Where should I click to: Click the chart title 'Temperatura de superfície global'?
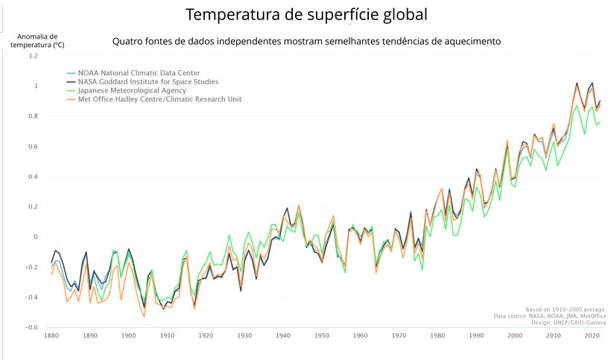(x=306, y=15)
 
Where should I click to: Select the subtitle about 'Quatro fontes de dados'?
(x=306, y=41)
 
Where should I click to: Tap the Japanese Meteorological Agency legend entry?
(x=133, y=90)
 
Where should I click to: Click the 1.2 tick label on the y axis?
(x=32, y=56)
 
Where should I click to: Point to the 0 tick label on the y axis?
(x=34, y=237)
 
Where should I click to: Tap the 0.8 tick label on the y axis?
(x=32, y=116)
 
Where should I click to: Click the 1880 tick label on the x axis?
(x=51, y=336)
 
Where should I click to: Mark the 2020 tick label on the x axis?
(x=592, y=336)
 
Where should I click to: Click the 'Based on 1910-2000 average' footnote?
(x=565, y=309)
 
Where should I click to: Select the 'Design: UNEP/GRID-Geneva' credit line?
(x=568, y=323)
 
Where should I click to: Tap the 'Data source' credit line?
(x=560, y=316)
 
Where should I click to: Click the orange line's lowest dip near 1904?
(x=144, y=317)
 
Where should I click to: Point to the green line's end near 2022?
(x=601, y=122)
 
